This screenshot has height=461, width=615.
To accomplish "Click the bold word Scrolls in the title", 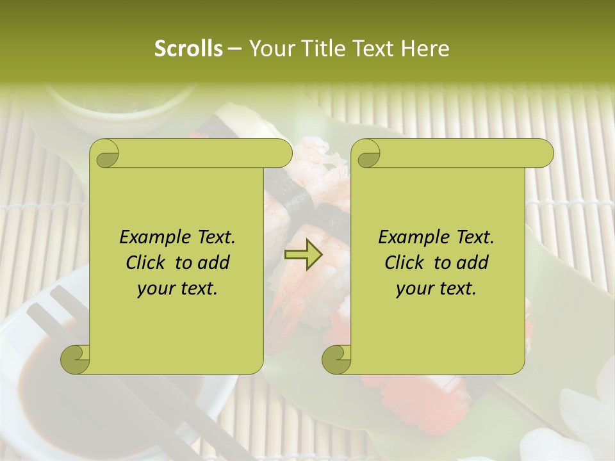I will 188,49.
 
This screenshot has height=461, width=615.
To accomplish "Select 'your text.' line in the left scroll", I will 177,289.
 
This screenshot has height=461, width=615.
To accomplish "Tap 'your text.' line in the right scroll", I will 436,289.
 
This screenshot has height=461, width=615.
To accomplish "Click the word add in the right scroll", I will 473,263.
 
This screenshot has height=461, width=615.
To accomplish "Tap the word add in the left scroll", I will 215,263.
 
